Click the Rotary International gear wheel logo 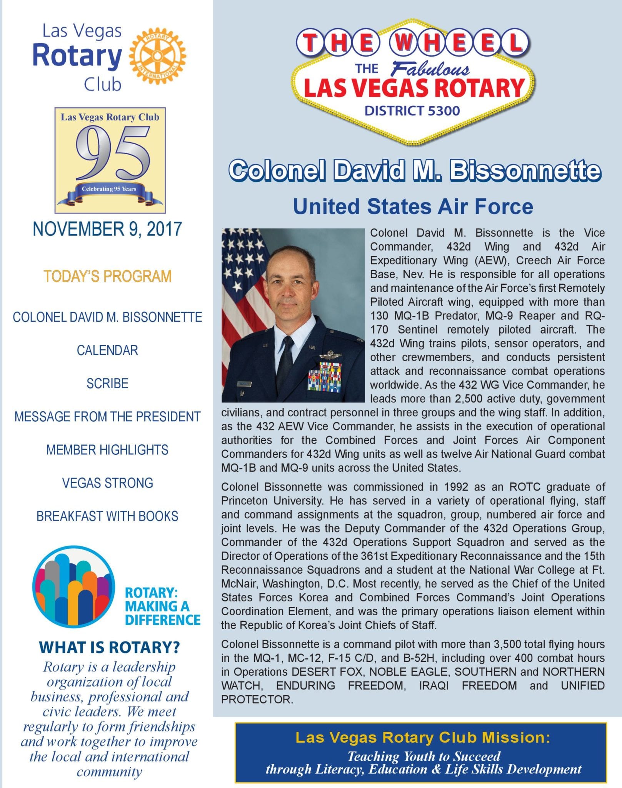(x=157, y=57)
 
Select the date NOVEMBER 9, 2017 (x=107, y=229)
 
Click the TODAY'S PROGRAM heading (x=107, y=277)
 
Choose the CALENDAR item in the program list (x=107, y=351)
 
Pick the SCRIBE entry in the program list (x=107, y=384)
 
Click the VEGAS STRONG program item (x=107, y=483)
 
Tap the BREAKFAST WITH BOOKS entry (x=107, y=516)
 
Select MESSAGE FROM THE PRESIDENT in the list (x=107, y=417)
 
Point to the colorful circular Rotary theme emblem (x=73, y=587)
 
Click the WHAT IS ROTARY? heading (x=109, y=648)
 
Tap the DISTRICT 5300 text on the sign (x=412, y=111)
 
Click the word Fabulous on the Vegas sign (x=430, y=69)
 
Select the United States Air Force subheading (x=413, y=207)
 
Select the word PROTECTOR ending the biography (x=257, y=700)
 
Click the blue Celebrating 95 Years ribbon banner (x=109, y=190)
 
